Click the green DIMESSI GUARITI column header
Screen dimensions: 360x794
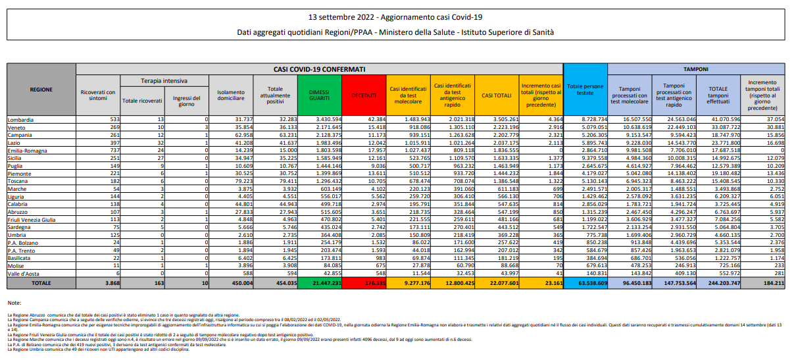point(318,95)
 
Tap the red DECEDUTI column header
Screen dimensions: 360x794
point(364,95)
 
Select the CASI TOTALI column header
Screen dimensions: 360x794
point(496,95)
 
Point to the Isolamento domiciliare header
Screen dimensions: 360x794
point(230,95)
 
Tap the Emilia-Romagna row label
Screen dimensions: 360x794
point(27,149)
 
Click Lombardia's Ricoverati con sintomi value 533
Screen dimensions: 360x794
point(109,120)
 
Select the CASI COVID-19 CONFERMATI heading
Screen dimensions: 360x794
point(319,68)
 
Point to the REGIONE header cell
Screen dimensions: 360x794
point(41,90)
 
